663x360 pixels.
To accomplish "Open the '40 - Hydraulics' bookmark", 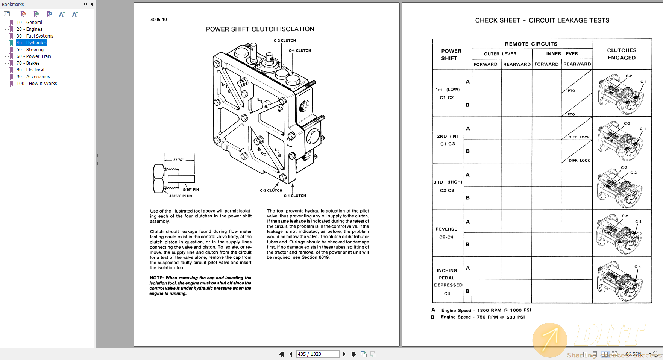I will [x=32, y=43].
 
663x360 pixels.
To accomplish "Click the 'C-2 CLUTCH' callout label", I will [x=285, y=41].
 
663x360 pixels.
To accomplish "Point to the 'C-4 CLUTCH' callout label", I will [x=300, y=50].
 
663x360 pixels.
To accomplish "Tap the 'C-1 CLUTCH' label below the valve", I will [x=295, y=196].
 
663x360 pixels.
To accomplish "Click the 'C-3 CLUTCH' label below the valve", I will [x=271, y=191].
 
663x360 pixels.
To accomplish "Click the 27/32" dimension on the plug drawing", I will [x=179, y=160].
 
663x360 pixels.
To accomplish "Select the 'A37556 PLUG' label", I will [x=181, y=196].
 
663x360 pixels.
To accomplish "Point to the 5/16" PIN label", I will [x=191, y=190].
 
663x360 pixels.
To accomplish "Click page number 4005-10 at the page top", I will [x=158, y=20].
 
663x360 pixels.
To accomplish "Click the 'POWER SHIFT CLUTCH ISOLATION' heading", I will [x=260, y=29].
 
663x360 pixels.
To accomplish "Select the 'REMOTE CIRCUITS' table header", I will [x=531, y=44].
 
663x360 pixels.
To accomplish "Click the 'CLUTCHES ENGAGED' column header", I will [x=622, y=54].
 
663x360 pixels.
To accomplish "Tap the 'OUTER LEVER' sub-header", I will [x=500, y=54].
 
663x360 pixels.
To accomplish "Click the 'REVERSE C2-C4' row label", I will [x=446, y=233].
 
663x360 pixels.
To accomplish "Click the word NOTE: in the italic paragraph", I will [x=156, y=278].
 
